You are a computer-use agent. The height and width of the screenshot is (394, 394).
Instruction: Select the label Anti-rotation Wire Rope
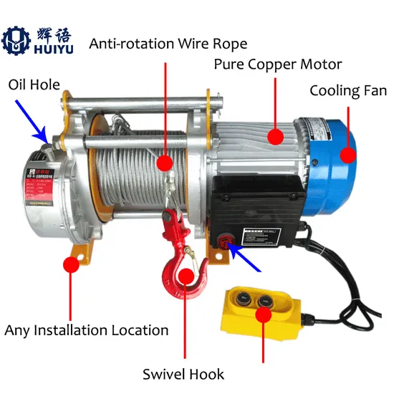click(167, 43)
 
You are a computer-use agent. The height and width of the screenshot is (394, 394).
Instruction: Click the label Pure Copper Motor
click(278, 64)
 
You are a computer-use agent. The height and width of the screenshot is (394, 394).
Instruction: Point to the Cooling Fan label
click(347, 91)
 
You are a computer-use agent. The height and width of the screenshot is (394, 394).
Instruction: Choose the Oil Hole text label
click(35, 85)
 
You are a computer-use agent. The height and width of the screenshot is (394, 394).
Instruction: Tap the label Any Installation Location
click(87, 330)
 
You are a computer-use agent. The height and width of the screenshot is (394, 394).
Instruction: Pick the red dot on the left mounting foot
click(70, 264)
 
